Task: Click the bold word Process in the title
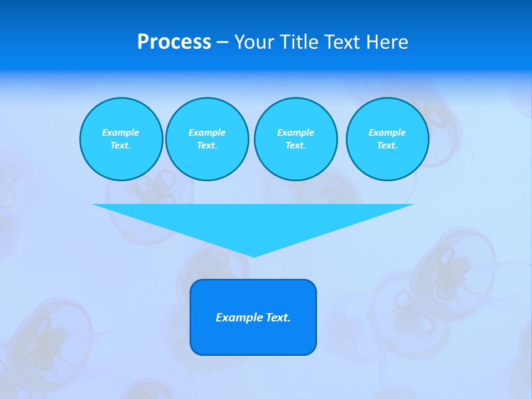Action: coord(174,42)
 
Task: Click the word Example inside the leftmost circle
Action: coord(121,132)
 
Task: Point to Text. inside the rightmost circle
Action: coord(387,145)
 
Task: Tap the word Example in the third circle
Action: coord(295,132)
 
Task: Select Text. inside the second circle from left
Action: coord(207,145)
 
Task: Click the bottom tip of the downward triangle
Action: coord(254,255)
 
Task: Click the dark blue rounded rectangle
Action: coord(253,338)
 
